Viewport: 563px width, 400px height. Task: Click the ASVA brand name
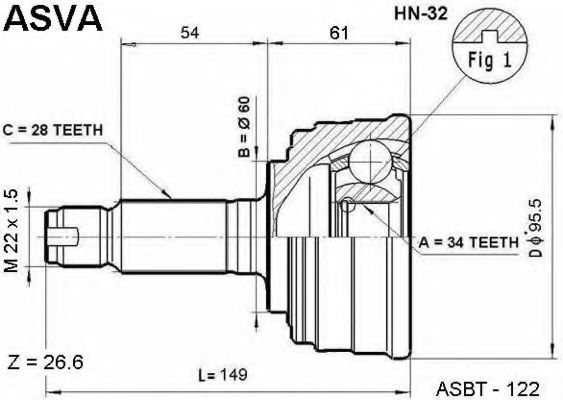click(53, 18)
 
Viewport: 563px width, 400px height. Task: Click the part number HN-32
click(421, 14)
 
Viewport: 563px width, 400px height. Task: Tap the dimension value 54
click(190, 33)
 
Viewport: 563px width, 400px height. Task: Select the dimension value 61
click(339, 33)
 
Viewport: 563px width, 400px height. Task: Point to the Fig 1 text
click(489, 60)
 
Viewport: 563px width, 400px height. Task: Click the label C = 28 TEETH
click(53, 130)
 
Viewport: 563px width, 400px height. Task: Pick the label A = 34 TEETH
click(469, 243)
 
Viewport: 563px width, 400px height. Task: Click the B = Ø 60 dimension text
click(244, 127)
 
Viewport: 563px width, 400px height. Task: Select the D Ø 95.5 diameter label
click(535, 228)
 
